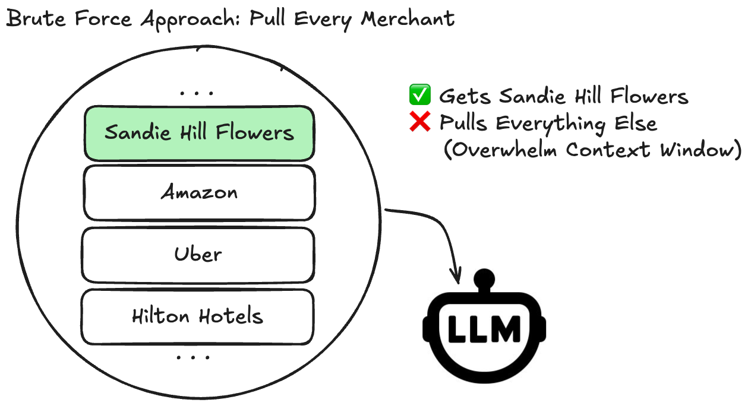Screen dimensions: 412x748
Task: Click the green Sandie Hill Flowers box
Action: click(x=199, y=133)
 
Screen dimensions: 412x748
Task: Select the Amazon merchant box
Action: click(x=199, y=192)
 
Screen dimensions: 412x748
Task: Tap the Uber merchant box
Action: click(x=198, y=255)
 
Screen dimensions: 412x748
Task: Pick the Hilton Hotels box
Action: click(x=197, y=316)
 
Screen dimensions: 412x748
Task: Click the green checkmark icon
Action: click(x=419, y=95)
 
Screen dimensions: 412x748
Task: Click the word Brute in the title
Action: click(x=31, y=19)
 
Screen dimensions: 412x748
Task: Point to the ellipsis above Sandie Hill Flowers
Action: click(x=196, y=93)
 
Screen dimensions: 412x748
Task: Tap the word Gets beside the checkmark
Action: click(x=466, y=96)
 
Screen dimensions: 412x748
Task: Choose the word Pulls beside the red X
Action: click(x=465, y=123)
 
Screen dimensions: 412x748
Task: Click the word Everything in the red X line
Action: click(x=548, y=124)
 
